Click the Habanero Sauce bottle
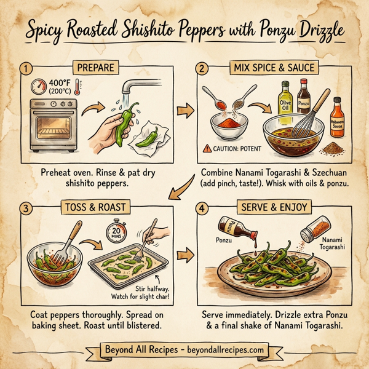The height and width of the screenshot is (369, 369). (335, 113)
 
